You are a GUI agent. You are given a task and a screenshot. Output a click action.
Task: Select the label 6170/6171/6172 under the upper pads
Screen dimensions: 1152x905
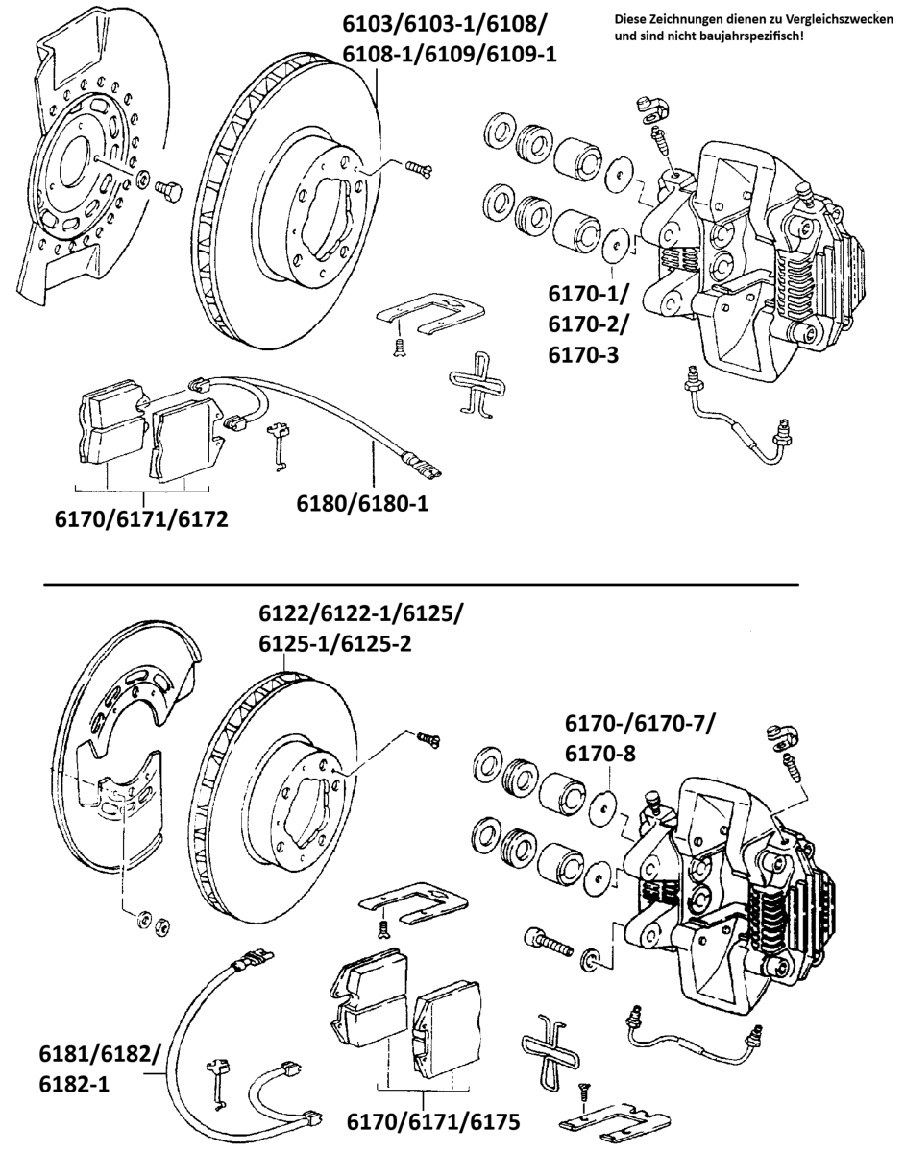pos(142,520)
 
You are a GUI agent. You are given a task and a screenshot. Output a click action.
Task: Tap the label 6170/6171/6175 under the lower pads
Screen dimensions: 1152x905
pos(433,1121)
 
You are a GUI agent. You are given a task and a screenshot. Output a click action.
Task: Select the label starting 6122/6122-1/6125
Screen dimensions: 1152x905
pos(359,628)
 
